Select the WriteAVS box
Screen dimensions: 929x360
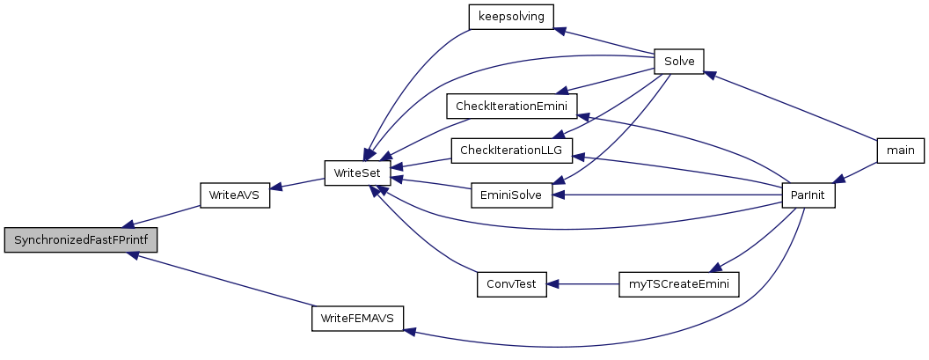(x=235, y=195)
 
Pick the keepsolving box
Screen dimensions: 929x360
(x=511, y=18)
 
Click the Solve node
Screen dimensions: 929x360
(x=679, y=61)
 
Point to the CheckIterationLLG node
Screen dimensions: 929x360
(x=511, y=151)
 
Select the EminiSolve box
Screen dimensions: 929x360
(x=511, y=195)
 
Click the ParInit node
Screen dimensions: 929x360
(x=808, y=195)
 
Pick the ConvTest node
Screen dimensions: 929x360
(x=511, y=284)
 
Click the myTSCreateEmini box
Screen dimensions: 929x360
(x=679, y=284)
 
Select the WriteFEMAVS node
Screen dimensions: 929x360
(x=357, y=318)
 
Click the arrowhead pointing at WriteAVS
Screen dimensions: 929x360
(x=276, y=187)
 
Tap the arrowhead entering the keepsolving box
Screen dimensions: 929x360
(x=560, y=30)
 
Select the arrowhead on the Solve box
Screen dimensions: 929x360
(x=710, y=75)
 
